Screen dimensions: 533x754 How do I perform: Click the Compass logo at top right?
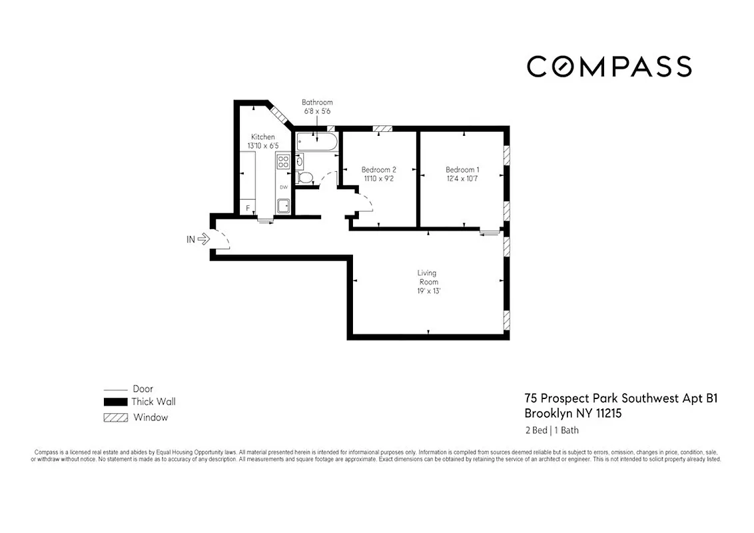(609, 67)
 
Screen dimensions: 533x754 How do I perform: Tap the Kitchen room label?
(262, 137)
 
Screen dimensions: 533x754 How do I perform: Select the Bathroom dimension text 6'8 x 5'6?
(317, 111)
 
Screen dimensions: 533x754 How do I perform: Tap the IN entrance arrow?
(204, 238)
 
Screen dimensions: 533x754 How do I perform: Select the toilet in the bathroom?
(304, 177)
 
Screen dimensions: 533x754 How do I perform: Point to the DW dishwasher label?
(283, 187)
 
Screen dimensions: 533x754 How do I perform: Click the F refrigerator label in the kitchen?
(248, 209)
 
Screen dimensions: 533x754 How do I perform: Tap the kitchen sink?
(283, 207)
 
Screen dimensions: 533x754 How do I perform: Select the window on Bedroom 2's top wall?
(382, 129)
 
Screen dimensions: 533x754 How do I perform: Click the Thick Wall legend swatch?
(115, 402)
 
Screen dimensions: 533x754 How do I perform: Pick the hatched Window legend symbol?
(115, 418)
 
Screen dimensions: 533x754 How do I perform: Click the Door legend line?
(115, 389)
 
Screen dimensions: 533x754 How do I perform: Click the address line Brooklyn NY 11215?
(573, 414)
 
